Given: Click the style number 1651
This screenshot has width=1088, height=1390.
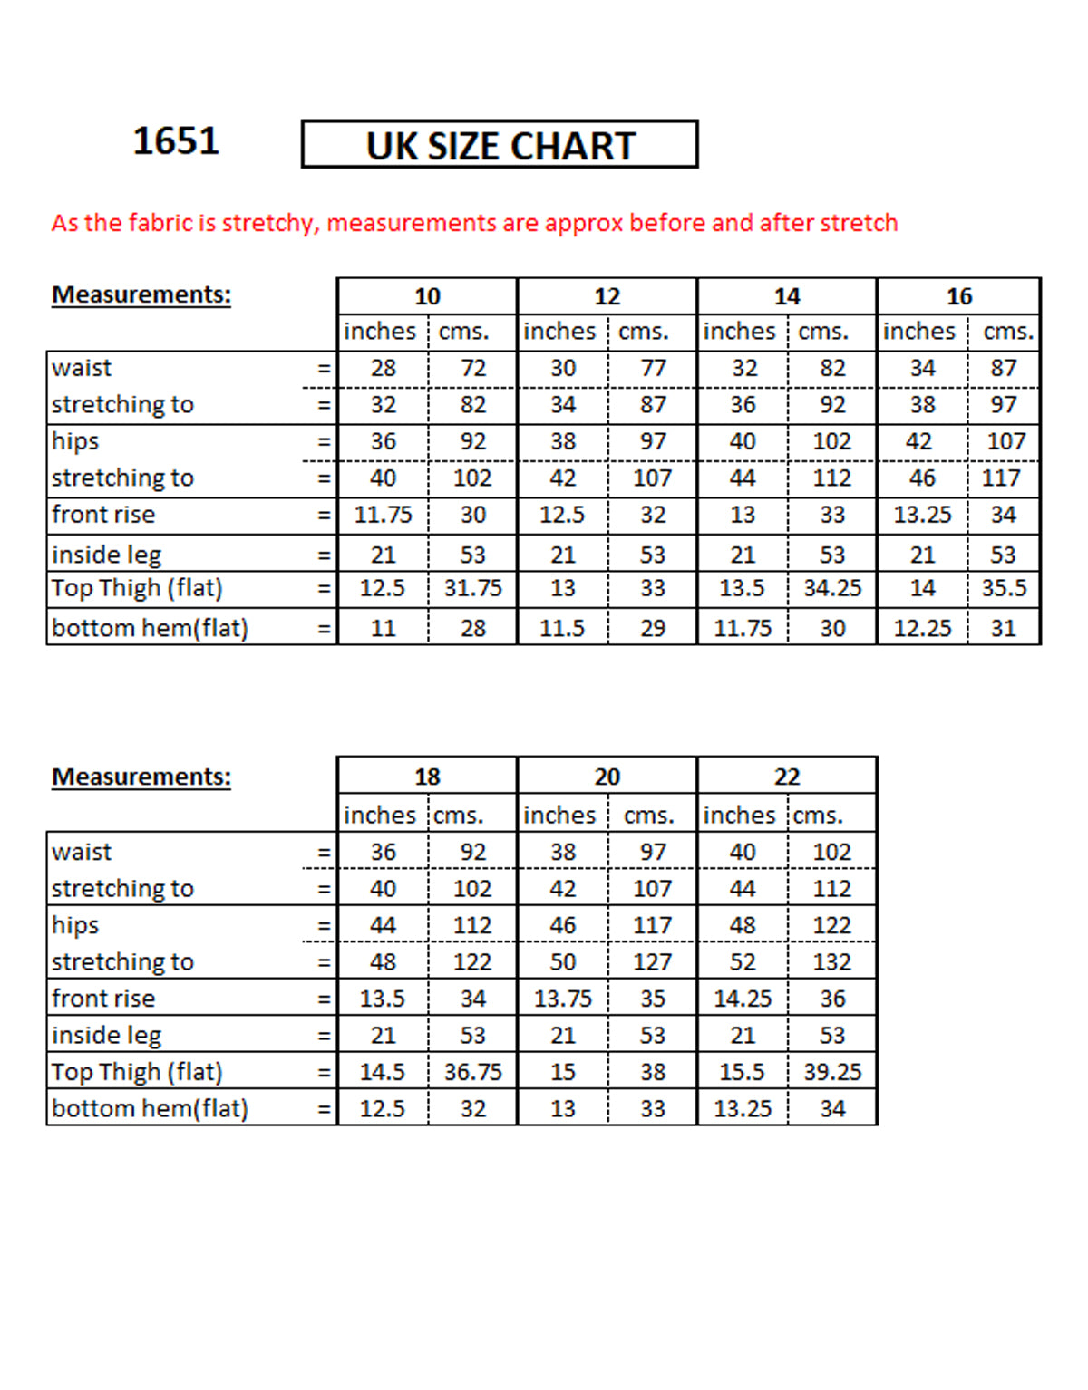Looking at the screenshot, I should (176, 141).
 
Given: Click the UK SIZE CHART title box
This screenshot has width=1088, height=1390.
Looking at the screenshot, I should (500, 145).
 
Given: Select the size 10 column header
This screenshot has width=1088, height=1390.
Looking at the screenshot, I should (427, 296).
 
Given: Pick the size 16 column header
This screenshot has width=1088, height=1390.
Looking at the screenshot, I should (959, 296).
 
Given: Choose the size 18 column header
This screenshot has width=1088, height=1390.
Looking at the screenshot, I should (427, 777).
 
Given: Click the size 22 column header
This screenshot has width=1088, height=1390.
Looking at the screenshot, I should (787, 777).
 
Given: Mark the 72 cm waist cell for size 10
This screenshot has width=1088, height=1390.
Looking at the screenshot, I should (473, 368).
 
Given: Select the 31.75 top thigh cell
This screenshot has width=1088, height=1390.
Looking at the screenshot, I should (473, 588).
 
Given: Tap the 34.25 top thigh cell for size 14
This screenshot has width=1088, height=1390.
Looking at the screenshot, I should (832, 588).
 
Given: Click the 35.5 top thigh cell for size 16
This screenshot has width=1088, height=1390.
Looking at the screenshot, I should (1004, 588).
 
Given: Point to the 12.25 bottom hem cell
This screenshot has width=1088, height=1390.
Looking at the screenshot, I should (922, 628).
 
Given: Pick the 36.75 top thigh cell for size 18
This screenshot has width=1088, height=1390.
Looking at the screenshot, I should (473, 1072).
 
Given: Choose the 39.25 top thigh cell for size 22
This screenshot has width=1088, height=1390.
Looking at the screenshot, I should (832, 1072).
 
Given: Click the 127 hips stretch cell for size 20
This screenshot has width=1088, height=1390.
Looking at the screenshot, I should (653, 962).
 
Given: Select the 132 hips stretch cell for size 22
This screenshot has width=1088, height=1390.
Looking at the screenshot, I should (832, 962).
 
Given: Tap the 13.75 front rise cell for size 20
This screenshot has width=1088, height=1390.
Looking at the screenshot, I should (562, 999).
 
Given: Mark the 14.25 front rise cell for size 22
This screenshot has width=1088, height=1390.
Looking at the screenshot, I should (743, 999).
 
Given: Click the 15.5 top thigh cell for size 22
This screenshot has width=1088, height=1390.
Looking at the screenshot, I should (743, 1072).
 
